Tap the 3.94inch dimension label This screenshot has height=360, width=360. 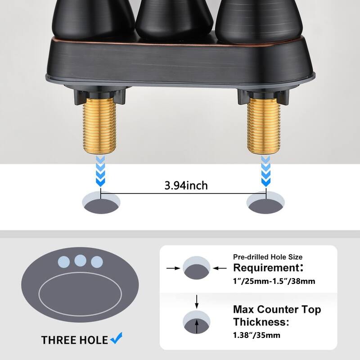coord(186,184)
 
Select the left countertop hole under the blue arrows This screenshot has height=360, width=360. coord(102,202)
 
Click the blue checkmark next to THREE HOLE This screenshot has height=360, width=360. coord(117,337)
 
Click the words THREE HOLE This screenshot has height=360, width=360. coord(75,340)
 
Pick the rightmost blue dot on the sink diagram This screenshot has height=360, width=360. coord(96,262)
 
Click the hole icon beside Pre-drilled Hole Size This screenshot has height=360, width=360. coord(196,269)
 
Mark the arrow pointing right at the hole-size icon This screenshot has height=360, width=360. coord(174,269)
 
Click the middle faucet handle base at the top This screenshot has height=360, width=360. coord(174,18)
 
